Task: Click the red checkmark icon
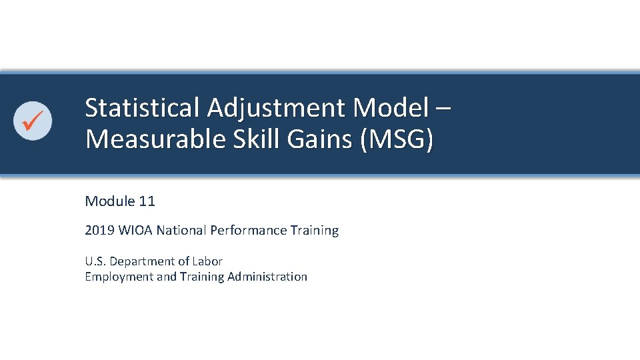[x=33, y=121]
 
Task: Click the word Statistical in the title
[x=142, y=107]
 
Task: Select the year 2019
[x=98, y=231]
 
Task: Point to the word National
[x=182, y=231]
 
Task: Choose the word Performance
[x=248, y=231]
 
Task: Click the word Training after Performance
[x=315, y=231]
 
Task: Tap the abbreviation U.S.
[x=95, y=261]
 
